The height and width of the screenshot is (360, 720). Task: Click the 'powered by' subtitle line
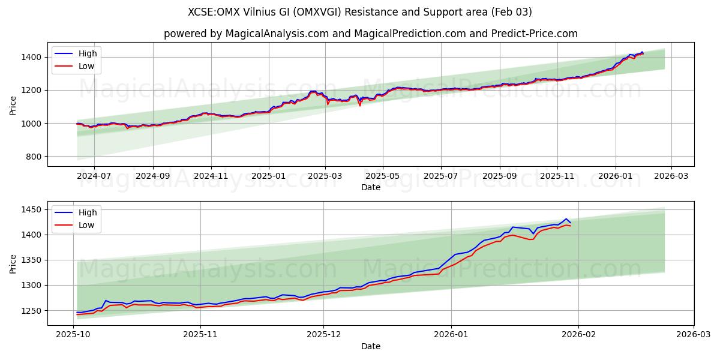click(370, 34)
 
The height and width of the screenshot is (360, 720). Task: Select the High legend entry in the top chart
click(88, 53)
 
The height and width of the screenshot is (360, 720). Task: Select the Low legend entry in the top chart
click(86, 66)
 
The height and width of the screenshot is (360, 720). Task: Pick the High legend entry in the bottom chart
click(88, 212)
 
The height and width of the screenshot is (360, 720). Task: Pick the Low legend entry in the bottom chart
click(86, 225)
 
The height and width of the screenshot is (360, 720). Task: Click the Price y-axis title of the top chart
click(13, 105)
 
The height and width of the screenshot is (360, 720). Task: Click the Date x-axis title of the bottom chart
click(370, 346)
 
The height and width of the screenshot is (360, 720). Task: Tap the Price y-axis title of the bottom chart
click(13, 263)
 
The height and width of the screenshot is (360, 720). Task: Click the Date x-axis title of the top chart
click(370, 187)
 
